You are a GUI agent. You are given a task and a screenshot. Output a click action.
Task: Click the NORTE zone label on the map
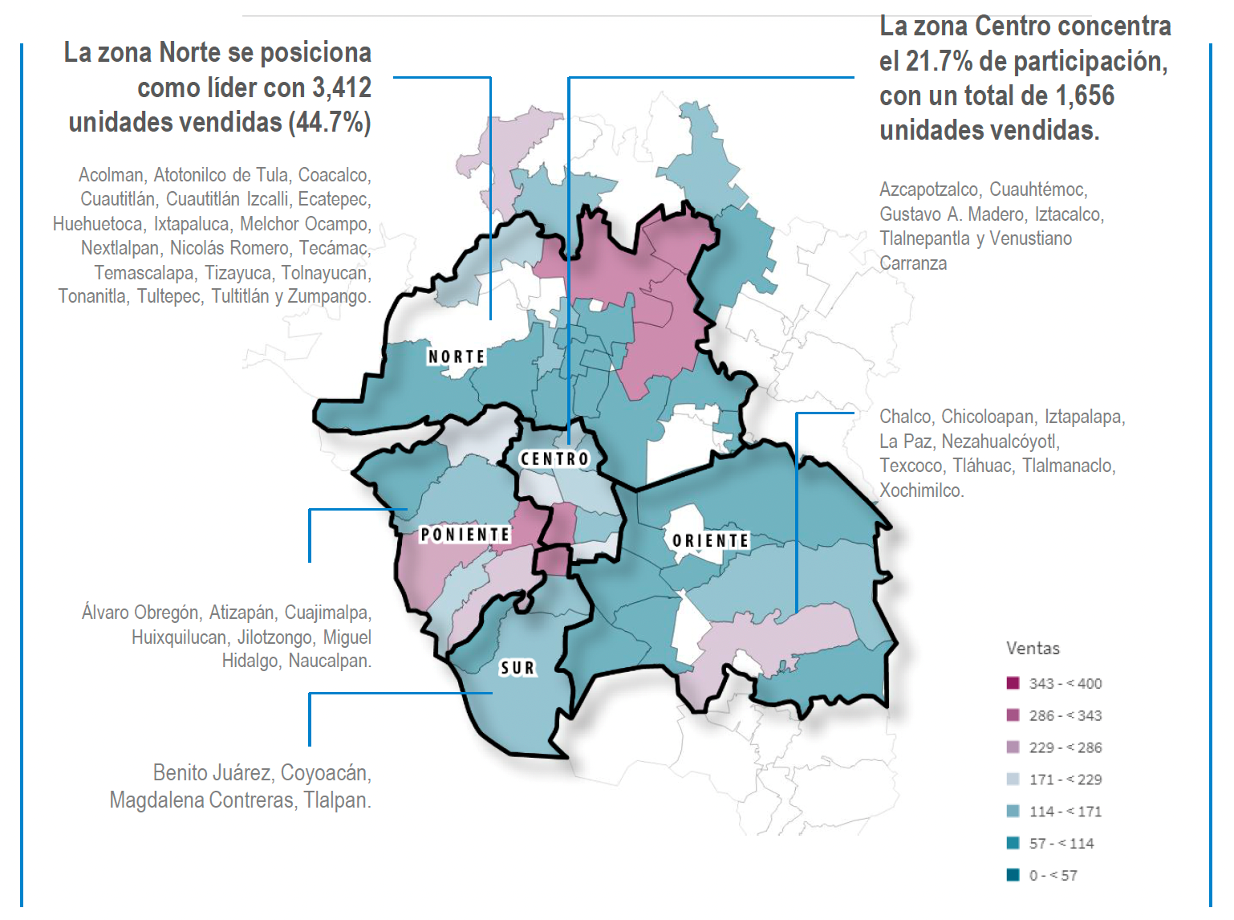pyautogui.click(x=457, y=356)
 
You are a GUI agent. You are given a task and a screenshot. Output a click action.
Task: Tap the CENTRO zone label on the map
pyautogui.click(x=555, y=458)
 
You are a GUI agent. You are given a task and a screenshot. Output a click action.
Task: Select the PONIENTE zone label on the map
pyautogui.click(x=465, y=535)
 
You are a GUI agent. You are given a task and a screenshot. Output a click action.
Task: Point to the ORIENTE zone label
pyautogui.click(x=710, y=540)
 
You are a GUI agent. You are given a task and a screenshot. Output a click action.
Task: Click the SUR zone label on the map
pyautogui.click(x=518, y=668)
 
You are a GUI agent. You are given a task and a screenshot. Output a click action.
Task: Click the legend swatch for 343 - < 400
pyautogui.click(x=1013, y=683)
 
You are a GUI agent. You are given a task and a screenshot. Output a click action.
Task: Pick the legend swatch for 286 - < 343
pyautogui.click(x=1013, y=715)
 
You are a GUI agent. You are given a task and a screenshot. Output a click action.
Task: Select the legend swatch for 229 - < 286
pyautogui.click(x=1013, y=747)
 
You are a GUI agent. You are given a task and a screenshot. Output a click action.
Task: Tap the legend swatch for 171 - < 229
pyautogui.click(x=1013, y=780)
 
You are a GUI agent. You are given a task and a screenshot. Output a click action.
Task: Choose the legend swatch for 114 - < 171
pyautogui.click(x=1013, y=812)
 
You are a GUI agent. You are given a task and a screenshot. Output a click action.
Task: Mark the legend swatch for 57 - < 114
pyautogui.click(x=1013, y=844)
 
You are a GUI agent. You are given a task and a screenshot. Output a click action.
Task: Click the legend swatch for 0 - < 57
pyautogui.click(x=1013, y=875)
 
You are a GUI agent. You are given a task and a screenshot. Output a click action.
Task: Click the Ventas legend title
pyautogui.click(x=1033, y=649)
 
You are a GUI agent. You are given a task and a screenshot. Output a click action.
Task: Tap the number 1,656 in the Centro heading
pyautogui.click(x=1084, y=96)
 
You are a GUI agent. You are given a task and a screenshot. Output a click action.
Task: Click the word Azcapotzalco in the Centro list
pyautogui.click(x=930, y=189)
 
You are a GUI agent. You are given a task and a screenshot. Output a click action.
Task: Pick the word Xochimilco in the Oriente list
pyautogui.click(x=920, y=491)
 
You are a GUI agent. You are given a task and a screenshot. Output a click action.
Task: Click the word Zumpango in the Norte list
pyautogui.click(x=327, y=296)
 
